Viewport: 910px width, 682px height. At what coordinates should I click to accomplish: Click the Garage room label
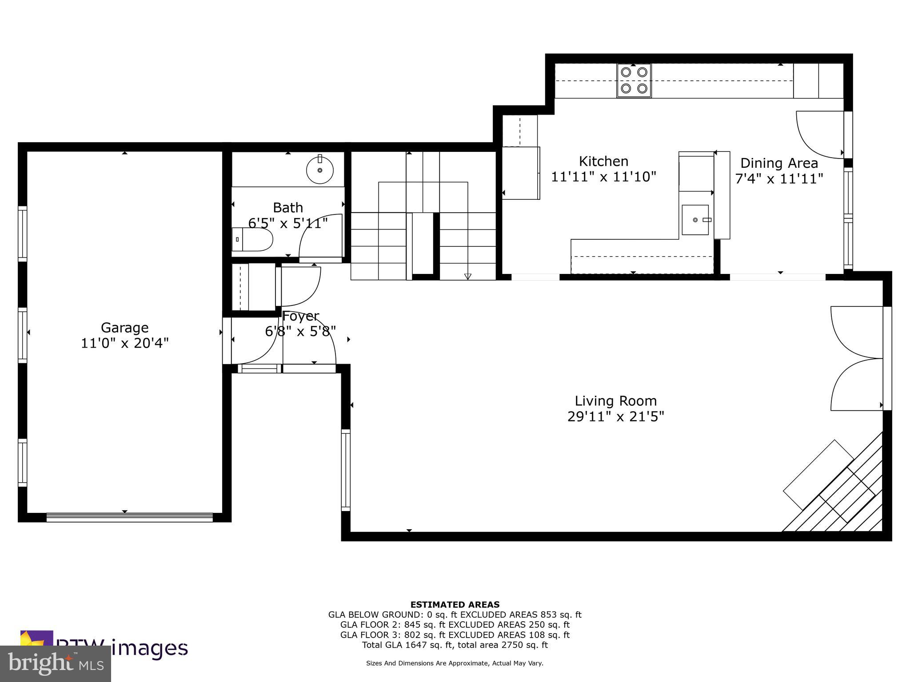(124, 328)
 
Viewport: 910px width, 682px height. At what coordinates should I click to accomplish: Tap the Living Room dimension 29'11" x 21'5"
(615, 416)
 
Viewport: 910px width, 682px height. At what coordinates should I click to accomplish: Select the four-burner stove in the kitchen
(634, 80)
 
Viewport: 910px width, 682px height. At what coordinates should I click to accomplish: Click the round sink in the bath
(320, 170)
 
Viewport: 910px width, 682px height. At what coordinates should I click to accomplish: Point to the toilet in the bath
(252, 239)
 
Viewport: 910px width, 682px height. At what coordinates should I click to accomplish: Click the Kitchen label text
(603, 161)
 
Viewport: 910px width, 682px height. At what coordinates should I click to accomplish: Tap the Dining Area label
(779, 163)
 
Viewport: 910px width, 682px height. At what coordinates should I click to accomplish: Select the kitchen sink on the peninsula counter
(695, 220)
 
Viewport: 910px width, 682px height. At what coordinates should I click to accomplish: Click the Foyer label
(301, 316)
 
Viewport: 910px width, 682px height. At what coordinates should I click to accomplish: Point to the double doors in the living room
(857, 358)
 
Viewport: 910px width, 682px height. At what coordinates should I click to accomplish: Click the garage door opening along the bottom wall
(129, 517)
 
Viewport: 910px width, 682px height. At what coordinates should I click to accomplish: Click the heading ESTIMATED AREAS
(455, 604)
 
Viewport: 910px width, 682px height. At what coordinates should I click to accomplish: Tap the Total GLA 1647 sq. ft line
(455, 645)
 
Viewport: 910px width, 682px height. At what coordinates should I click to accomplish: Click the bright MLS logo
(55, 664)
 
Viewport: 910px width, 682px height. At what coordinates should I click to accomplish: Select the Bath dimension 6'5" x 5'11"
(288, 223)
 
